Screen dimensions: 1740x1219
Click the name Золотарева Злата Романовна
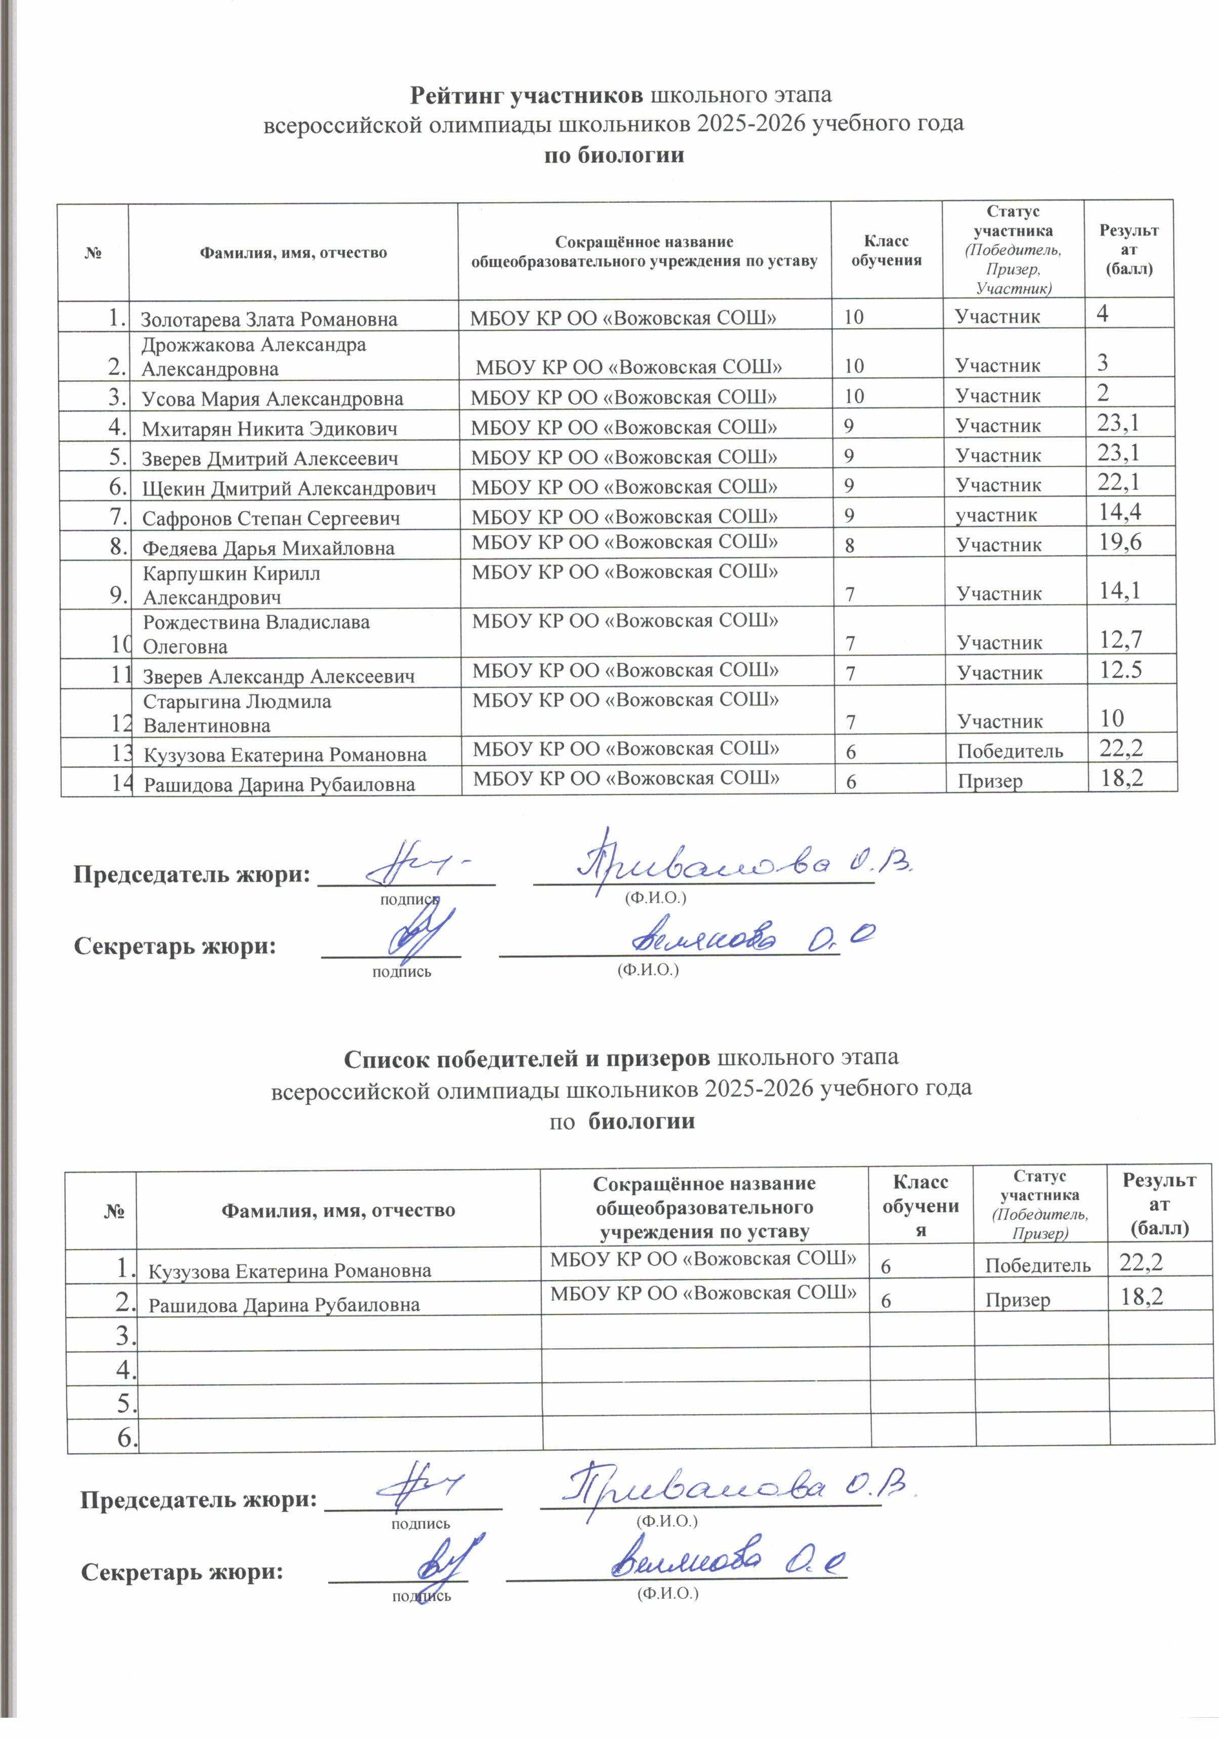[x=269, y=319]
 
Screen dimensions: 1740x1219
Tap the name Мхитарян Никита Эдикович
[x=270, y=429]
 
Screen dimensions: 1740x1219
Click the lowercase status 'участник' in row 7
[x=995, y=515]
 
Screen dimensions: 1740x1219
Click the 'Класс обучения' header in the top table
[x=886, y=251]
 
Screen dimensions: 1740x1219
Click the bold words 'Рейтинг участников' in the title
[x=527, y=96]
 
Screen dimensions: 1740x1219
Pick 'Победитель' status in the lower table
[x=1037, y=1265]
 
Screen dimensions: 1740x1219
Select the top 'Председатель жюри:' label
[x=192, y=874]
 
